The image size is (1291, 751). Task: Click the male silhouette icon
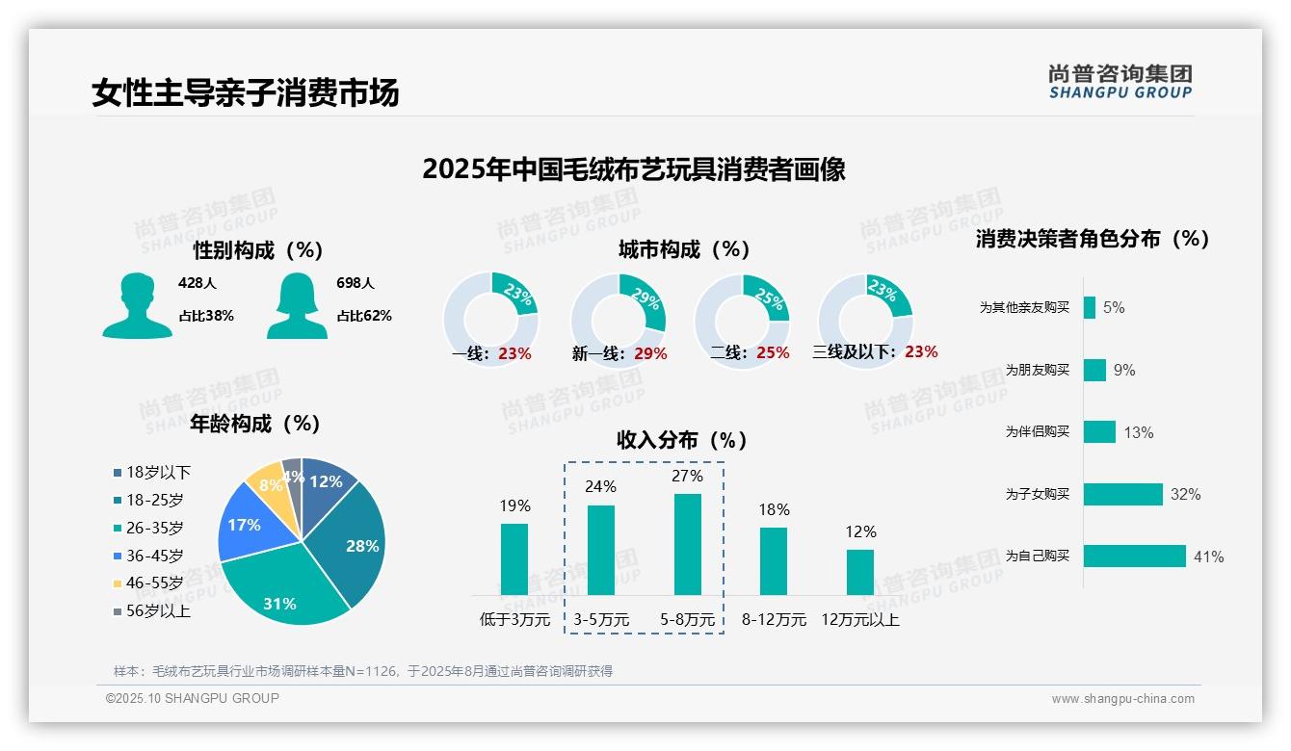(x=138, y=306)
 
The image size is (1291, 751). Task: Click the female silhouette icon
(x=297, y=306)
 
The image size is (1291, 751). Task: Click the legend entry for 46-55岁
(x=148, y=583)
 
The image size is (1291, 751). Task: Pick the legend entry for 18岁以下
(x=152, y=472)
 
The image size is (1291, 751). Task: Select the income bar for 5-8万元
(x=688, y=544)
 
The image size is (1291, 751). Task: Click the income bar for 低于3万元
(x=514, y=559)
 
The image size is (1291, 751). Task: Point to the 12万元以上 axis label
(x=860, y=620)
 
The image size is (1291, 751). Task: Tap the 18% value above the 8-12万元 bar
(x=774, y=509)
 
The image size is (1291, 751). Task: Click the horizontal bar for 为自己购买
(x=1134, y=557)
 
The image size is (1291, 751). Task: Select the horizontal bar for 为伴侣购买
(x=1099, y=432)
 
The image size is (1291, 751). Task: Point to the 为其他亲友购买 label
(x=1024, y=308)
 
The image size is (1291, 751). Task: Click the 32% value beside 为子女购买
(x=1185, y=495)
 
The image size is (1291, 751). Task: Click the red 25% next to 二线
(x=773, y=353)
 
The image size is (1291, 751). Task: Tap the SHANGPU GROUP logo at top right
(x=1120, y=82)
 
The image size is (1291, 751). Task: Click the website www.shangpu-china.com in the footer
(x=1122, y=699)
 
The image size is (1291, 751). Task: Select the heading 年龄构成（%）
(x=255, y=424)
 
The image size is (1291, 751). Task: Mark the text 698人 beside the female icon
(x=356, y=284)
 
